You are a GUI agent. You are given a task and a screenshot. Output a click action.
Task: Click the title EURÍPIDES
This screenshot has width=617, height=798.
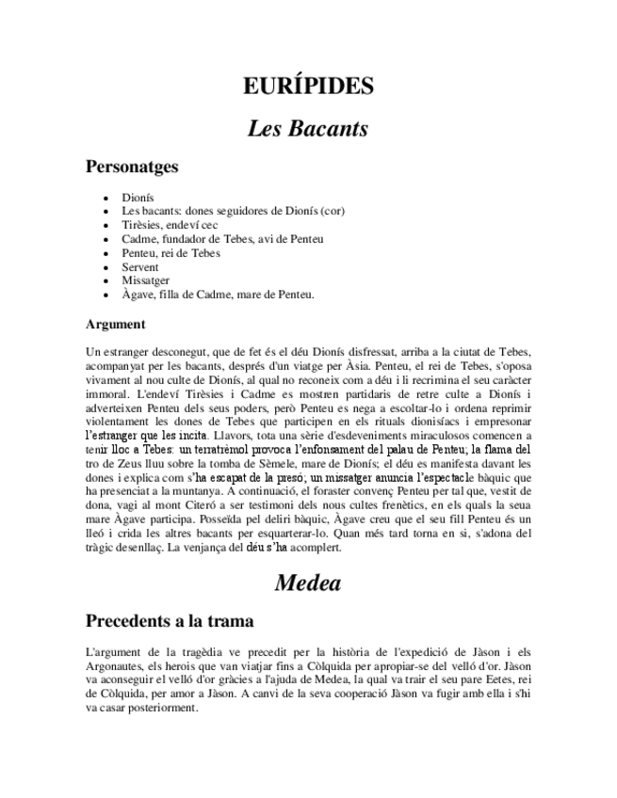(308, 87)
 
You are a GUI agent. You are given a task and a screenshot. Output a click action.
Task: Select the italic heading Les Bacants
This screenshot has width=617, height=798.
(308, 128)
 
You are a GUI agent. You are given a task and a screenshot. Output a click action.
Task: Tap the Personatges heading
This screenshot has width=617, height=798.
(131, 168)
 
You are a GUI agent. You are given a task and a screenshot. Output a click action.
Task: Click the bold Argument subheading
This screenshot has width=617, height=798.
(115, 325)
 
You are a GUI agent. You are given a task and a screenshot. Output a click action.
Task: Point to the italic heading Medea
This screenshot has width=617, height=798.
(308, 583)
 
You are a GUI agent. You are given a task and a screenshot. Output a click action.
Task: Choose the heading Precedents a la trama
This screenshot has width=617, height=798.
(169, 621)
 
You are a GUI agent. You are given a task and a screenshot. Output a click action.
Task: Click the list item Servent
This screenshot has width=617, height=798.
(140, 267)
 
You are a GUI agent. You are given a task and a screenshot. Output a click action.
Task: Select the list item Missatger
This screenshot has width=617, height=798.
(145, 280)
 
